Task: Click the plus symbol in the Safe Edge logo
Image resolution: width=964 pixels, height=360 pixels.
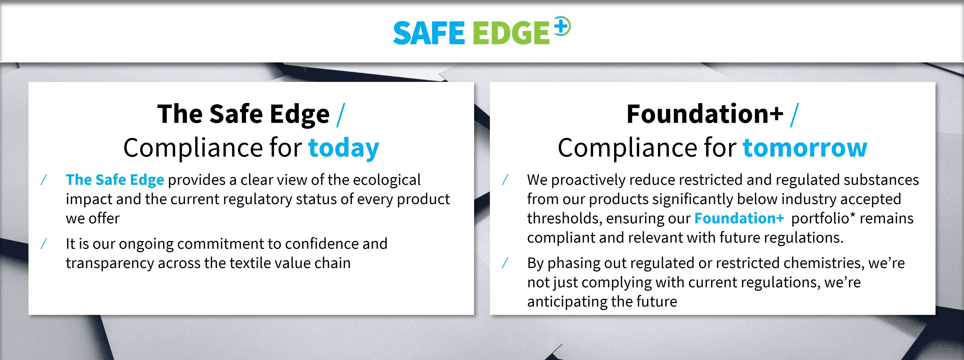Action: (x=562, y=26)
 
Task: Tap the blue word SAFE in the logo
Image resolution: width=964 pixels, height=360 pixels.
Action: (x=429, y=33)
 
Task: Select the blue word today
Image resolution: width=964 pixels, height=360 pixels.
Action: (x=344, y=148)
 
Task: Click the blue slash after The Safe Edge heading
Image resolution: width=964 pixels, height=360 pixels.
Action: (x=340, y=115)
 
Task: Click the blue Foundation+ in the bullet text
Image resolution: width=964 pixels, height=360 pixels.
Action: (x=739, y=218)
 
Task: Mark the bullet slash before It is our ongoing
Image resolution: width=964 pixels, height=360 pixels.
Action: (x=44, y=244)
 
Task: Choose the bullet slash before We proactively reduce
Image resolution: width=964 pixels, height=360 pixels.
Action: (x=505, y=180)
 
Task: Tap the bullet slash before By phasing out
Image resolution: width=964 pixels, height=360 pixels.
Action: (x=505, y=263)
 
